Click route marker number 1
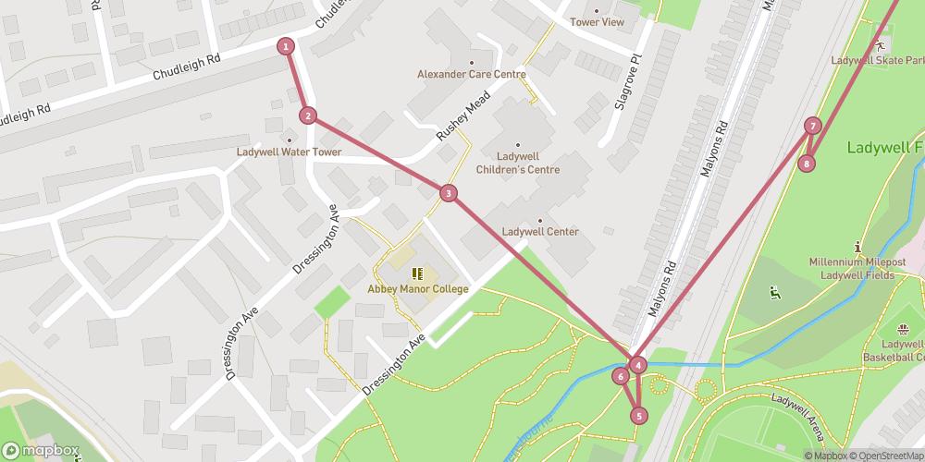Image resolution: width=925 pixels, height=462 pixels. point(287,46)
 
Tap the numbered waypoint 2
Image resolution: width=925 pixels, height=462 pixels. point(308,115)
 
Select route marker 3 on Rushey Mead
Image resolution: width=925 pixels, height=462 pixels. point(449,193)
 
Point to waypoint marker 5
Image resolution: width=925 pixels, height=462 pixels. point(638,416)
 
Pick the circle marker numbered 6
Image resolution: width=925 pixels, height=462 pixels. point(620,375)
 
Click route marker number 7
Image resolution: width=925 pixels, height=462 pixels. point(812,126)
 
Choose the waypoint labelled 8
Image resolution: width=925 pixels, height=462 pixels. point(807,164)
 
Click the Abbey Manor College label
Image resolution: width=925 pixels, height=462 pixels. point(418,289)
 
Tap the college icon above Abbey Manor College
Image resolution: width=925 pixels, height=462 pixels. point(417,273)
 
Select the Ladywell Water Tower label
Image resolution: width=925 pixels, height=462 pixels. point(289,152)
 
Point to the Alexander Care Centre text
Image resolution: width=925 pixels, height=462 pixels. point(471,75)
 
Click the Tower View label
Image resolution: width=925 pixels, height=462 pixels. point(597,22)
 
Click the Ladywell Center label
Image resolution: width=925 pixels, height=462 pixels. point(540,232)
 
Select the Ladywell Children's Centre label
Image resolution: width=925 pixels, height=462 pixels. point(518,163)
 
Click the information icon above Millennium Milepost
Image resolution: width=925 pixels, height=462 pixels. point(858,247)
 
